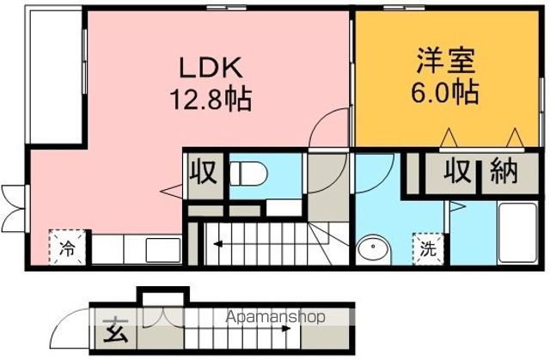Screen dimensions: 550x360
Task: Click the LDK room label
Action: coord(211,68)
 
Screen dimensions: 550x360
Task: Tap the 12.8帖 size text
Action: coord(211,99)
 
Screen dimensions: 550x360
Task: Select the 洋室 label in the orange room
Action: coord(446,61)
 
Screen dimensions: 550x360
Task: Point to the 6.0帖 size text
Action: coord(445,92)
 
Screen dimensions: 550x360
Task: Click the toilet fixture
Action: coord(248,174)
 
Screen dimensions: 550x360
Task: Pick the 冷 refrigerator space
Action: coord(67,247)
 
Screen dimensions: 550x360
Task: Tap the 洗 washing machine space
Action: coord(429,248)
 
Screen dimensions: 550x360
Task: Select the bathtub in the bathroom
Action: coord(518,233)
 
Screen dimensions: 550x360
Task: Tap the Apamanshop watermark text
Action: coord(275,317)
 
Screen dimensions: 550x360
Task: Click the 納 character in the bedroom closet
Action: coord(504,171)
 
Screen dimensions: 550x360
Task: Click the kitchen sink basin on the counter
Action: coord(163,250)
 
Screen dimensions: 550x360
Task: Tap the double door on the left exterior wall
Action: coord(13,208)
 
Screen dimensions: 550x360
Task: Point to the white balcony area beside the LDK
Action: coord(56,77)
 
